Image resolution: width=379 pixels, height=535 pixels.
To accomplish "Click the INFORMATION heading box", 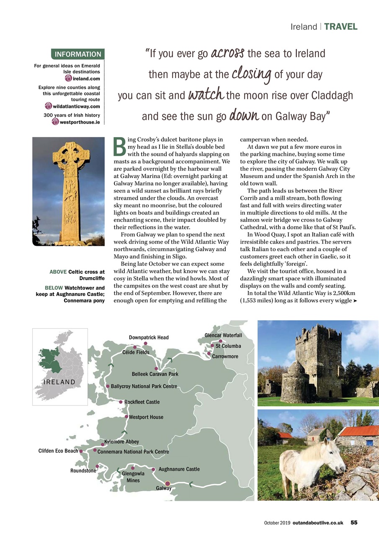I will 77,54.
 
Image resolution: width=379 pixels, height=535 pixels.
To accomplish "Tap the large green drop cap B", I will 120,145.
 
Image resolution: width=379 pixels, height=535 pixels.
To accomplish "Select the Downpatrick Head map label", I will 149,337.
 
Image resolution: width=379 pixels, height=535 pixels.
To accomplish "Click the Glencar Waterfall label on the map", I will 223,335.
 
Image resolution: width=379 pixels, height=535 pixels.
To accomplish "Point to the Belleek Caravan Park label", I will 155,374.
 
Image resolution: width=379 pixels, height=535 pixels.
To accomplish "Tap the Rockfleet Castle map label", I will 142,402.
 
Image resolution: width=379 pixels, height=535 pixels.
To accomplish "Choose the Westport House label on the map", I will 146,417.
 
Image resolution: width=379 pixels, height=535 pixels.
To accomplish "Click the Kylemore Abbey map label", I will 121,441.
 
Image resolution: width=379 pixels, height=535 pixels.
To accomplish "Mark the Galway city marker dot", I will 167,483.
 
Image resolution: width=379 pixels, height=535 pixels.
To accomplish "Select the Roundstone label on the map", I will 83,471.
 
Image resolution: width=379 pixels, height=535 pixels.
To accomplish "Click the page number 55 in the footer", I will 354,522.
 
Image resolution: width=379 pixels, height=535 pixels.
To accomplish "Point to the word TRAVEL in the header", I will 340,27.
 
